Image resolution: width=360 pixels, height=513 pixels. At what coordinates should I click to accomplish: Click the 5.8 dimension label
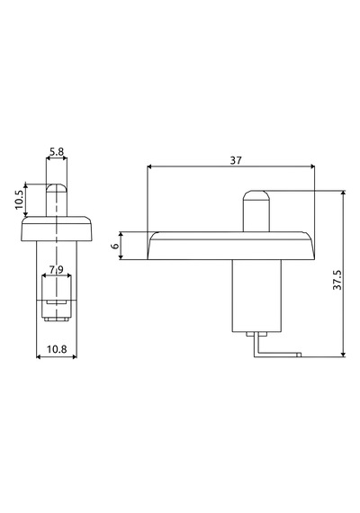57,152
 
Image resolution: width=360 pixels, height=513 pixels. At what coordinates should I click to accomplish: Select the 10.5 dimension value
19,200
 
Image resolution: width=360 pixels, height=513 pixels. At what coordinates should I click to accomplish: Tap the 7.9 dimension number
57,270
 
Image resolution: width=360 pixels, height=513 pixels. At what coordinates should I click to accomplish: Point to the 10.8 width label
57,349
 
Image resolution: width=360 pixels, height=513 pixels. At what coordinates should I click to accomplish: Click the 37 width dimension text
236,160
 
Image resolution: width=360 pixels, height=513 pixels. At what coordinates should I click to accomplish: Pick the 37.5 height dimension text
337,280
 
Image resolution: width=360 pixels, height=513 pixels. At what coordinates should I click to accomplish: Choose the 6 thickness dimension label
115,246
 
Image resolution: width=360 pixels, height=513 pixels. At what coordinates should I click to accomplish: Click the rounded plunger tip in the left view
57,188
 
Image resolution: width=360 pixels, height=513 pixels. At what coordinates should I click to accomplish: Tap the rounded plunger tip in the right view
256,195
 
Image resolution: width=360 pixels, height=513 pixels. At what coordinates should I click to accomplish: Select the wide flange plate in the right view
231,246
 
